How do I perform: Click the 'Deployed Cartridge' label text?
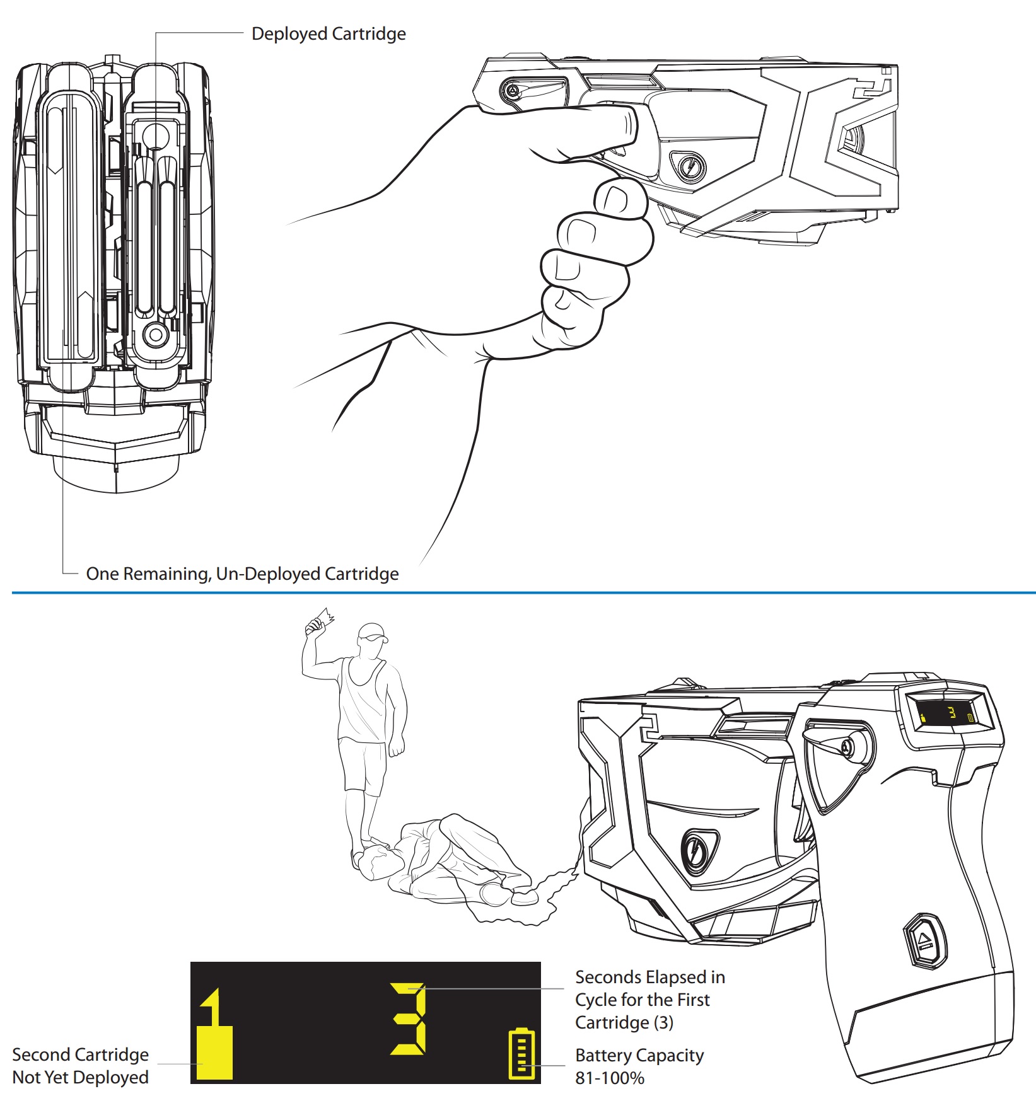click(x=328, y=34)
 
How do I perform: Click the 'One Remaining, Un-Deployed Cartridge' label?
click(x=242, y=574)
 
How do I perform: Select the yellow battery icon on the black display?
click(x=521, y=1053)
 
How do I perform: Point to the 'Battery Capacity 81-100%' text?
click(x=639, y=1066)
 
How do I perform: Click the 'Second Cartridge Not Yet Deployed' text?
click(x=80, y=1065)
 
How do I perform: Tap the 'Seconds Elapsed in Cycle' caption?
click(x=649, y=999)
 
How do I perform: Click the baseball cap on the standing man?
click(x=372, y=632)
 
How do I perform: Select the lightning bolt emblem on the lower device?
click(x=697, y=851)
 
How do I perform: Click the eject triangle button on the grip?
click(x=925, y=940)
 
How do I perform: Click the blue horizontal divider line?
click(x=523, y=592)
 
